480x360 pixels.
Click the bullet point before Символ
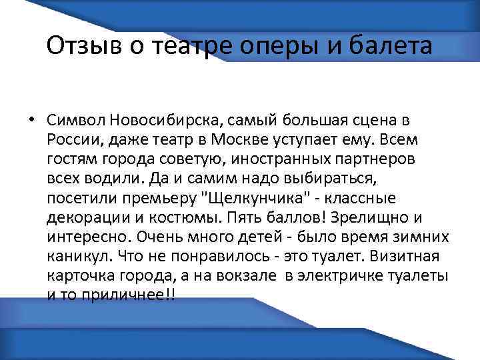(31, 121)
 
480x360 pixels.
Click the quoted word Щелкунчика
(253, 199)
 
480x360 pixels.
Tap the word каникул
(78, 256)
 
